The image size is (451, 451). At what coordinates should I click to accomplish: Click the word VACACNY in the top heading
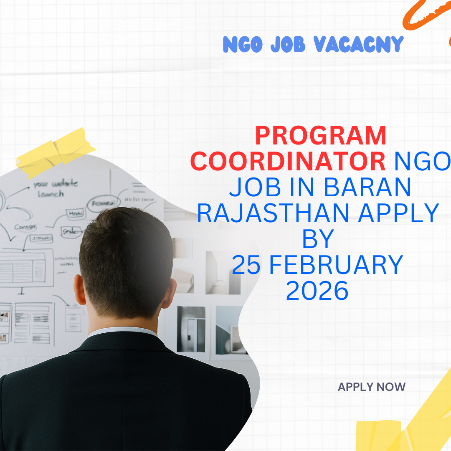pyautogui.click(x=358, y=44)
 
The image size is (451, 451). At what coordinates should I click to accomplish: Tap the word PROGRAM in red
pyautogui.click(x=321, y=137)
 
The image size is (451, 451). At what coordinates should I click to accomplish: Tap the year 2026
pyautogui.click(x=317, y=291)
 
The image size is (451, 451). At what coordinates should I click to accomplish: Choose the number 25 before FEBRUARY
pyautogui.click(x=246, y=265)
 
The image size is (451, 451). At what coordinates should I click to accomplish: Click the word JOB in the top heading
pyautogui.click(x=287, y=44)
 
